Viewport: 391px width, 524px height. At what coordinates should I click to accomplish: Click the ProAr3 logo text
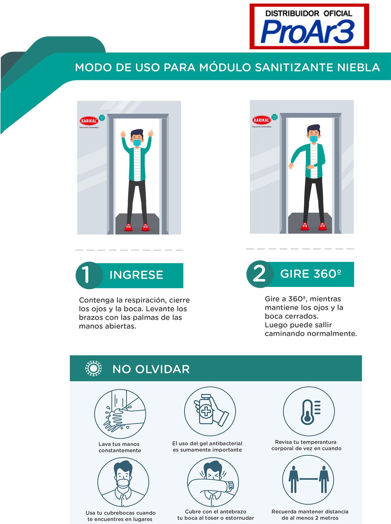[308, 31]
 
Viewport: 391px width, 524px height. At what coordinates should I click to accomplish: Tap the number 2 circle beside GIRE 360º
[260, 274]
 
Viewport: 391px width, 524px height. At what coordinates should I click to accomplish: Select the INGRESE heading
[136, 275]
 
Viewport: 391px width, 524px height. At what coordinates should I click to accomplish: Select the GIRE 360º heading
[311, 274]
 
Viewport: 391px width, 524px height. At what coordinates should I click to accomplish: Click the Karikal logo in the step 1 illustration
[89, 121]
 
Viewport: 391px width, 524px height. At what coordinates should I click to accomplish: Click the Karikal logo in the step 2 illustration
[261, 120]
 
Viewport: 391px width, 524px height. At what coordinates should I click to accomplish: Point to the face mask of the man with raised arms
[137, 142]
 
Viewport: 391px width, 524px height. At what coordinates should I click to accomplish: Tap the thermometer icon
[309, 411]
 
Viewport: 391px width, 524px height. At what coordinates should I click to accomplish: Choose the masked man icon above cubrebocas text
[123, 482]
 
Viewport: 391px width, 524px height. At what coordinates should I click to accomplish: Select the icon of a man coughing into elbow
[213, 482]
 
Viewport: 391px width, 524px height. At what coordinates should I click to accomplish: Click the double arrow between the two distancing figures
[309, 479]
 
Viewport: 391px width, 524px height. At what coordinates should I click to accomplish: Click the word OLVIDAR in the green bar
[163, 369]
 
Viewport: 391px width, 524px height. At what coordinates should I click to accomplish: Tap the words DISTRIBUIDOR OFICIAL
[309, 13]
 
